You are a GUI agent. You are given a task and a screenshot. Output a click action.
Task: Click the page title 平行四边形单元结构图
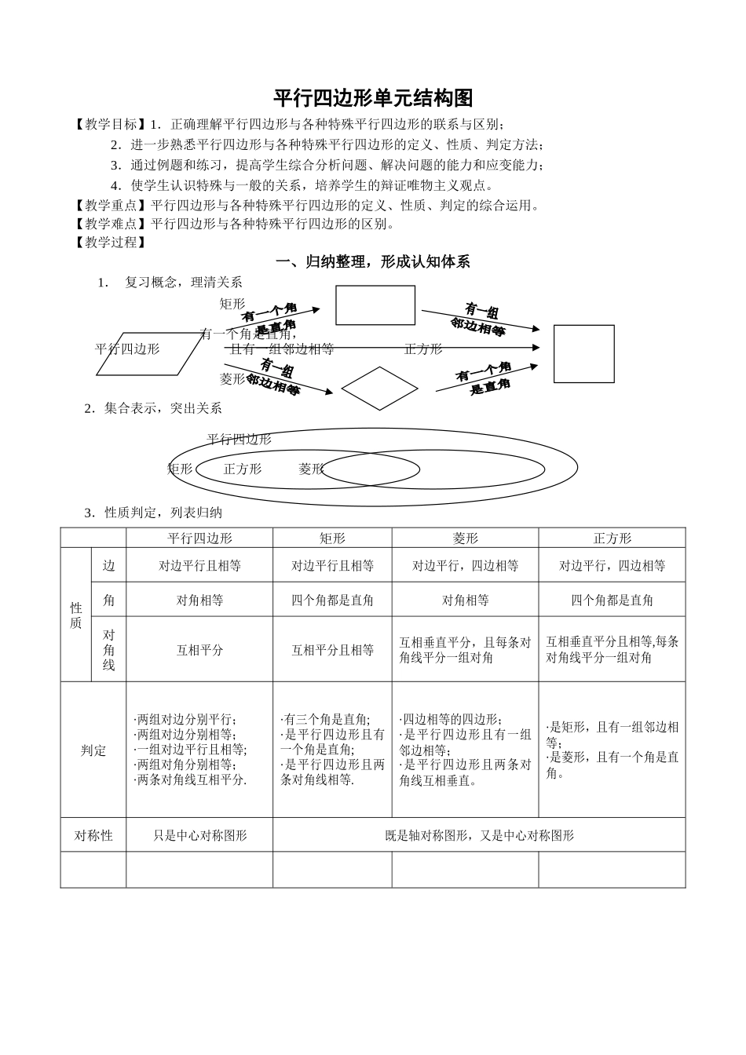373,98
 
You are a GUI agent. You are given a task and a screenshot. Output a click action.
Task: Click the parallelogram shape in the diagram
149,354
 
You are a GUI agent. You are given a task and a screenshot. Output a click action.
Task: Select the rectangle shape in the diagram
375,305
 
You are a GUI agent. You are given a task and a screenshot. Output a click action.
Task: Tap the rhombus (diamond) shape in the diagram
379,388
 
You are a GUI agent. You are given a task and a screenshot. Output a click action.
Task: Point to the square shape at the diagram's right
583,353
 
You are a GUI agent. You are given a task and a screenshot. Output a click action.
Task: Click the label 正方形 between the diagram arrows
423,349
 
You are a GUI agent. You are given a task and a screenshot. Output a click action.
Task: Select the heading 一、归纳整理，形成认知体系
373,262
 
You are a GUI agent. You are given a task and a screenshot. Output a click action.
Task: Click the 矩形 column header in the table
332,538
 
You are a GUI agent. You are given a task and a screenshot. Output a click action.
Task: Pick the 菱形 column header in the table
465,538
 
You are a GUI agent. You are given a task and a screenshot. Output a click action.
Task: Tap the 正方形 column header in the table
612,538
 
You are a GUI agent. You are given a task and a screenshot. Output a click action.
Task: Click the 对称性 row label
93,836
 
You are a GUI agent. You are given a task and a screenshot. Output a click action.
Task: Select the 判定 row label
93,750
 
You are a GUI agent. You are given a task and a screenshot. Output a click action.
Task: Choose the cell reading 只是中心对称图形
199,836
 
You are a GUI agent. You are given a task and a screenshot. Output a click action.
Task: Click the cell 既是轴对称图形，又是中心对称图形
479,836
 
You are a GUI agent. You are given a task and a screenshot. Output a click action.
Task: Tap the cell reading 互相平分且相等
332,650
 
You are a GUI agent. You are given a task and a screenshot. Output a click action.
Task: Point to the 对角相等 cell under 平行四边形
199,601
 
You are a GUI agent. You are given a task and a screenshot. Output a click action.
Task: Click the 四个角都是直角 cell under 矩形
332,601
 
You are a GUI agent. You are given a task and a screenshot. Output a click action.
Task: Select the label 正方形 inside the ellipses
242,469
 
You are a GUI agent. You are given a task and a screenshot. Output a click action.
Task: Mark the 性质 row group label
76,615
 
